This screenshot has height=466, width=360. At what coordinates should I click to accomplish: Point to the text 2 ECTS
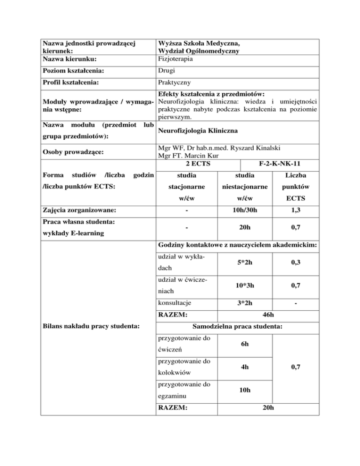click(198, 164)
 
